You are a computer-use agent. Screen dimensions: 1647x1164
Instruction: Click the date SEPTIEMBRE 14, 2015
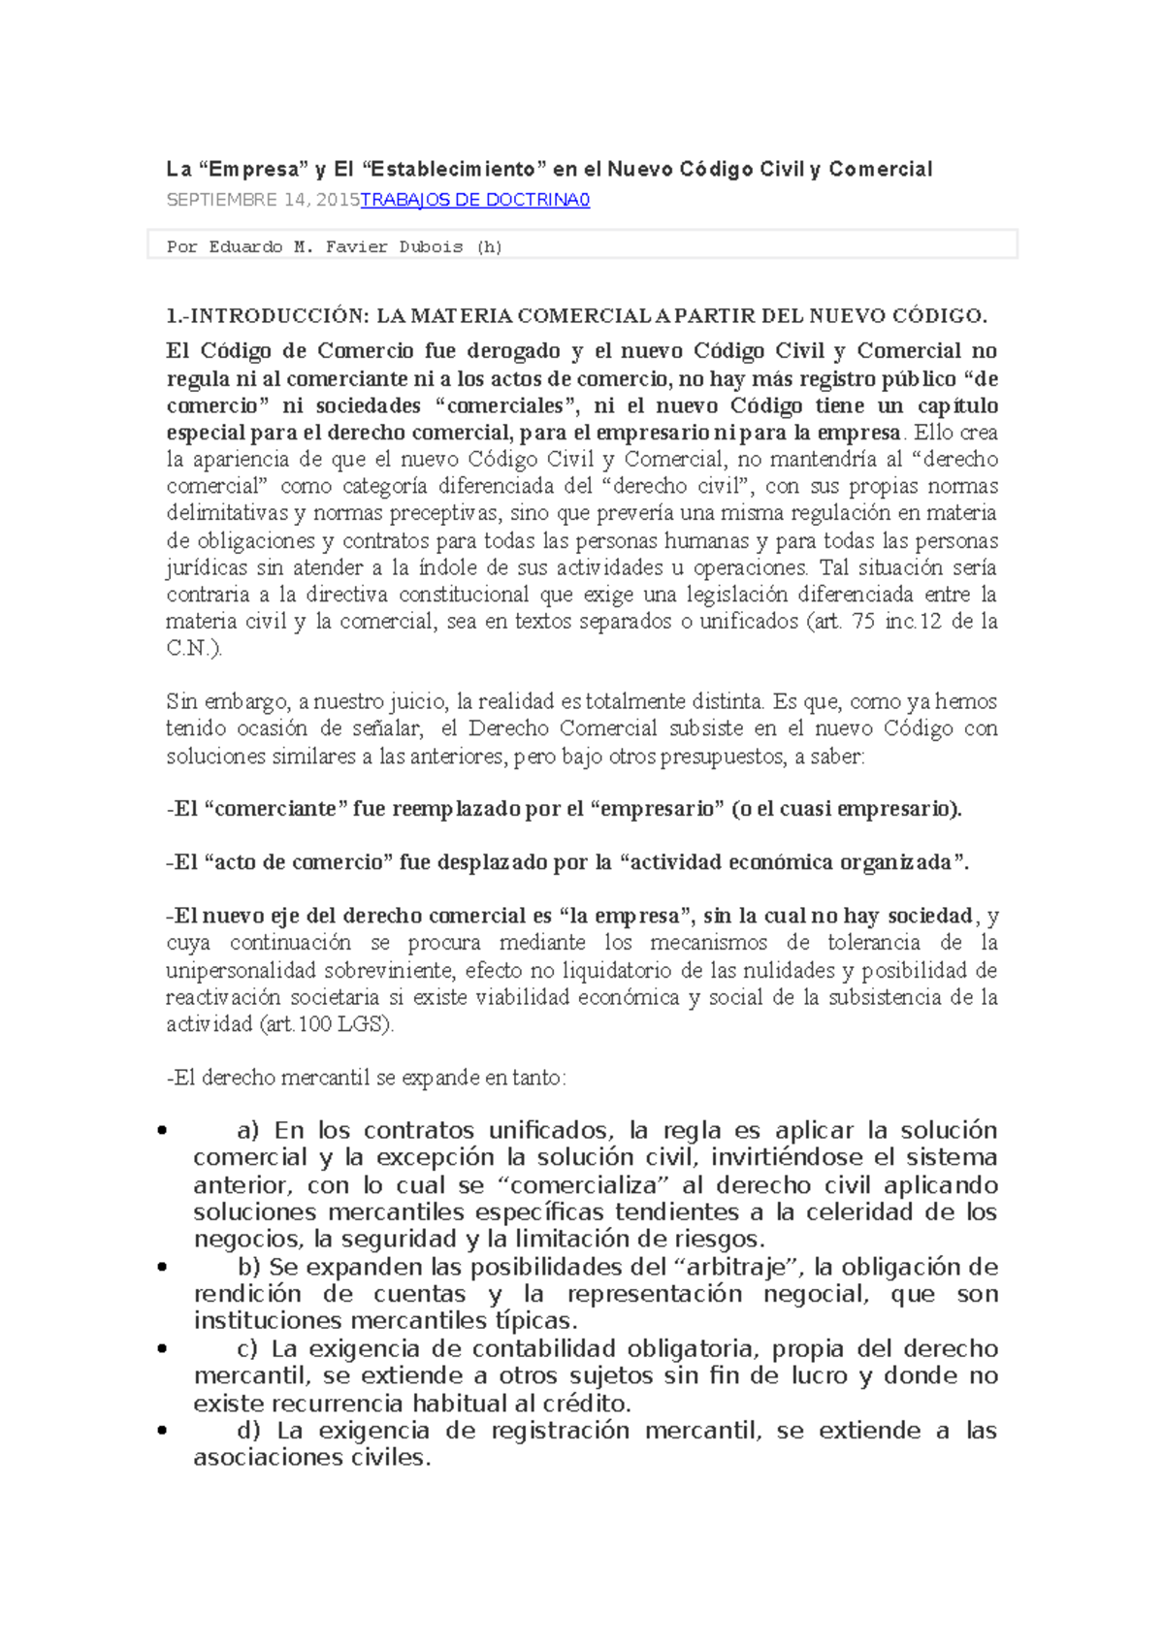pyautogui.click(x=262, y=200)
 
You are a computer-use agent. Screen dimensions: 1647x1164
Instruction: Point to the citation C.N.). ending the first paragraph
pyautogui.click(x=194, y=649)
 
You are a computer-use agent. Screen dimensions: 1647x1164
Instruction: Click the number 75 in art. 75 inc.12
pyautogui.click(x=863, y=622)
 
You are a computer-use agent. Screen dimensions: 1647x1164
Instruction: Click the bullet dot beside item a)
pyautogui.click(x=162, y=1131)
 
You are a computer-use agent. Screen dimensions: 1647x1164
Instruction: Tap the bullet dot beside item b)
pyautogui.click(x=162, y=1267)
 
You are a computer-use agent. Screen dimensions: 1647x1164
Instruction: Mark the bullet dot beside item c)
pyautogui.click(x=162, y=1349)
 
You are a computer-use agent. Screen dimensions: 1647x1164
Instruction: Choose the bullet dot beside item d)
pyautogui.click(x=162, y=1431)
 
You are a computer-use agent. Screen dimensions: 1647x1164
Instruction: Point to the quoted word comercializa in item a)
pyautogui.click(x=583, y=1185)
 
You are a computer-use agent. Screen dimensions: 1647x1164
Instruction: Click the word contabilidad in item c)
pyautogui.click(x=544, y=1349)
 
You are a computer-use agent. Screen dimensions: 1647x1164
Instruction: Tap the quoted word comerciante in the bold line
pyautogui.click(x=276, y=809)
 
